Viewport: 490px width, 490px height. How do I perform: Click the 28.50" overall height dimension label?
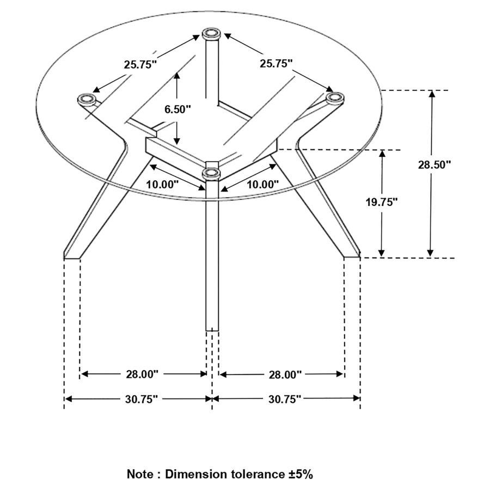pos(434,164)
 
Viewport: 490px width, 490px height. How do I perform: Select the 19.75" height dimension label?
pos(381,202)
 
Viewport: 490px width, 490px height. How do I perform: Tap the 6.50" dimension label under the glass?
pos(177,109)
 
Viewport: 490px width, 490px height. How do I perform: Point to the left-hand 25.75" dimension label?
pos(140,64)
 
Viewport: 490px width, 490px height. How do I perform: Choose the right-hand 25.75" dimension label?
pos(276,63)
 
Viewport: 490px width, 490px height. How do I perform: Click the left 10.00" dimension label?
pos(162,185)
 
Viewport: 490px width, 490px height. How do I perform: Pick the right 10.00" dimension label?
pos(262,185)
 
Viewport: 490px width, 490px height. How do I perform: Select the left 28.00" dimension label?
pos(141,374)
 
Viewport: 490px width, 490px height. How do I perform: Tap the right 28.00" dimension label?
pos(285,375)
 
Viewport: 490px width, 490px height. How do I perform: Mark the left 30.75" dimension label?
pos(140,399)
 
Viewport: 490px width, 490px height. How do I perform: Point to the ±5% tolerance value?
pos(301,474)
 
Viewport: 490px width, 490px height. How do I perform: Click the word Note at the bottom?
pos(140,474)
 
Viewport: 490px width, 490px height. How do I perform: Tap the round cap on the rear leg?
pos(211,35)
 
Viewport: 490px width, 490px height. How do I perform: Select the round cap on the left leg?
pos(85,99)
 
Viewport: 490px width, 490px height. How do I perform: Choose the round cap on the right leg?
pos(335,98)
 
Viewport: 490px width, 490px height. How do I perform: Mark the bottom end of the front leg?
pos(212,328)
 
